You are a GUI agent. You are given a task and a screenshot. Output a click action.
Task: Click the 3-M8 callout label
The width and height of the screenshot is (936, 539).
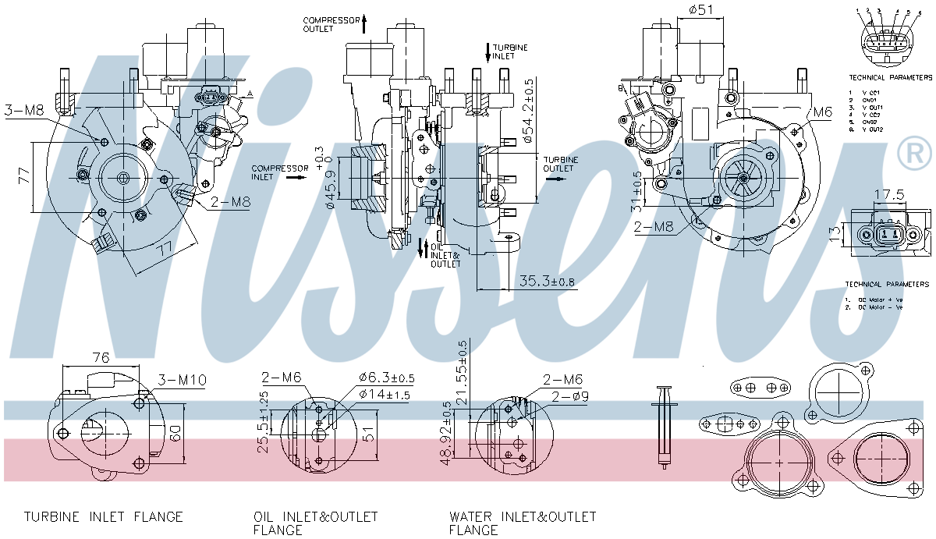[23, 110]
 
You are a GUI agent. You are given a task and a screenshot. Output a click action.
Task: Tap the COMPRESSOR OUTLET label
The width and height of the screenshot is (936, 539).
[331, 24]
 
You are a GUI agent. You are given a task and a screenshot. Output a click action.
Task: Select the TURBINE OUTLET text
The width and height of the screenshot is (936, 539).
[560, 164]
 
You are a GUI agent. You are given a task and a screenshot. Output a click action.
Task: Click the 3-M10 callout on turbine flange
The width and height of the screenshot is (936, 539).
[182, 380]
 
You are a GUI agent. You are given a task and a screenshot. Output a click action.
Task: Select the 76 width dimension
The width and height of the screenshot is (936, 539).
[100, 358]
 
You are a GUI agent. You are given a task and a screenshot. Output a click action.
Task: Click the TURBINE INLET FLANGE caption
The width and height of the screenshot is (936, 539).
[103, 516]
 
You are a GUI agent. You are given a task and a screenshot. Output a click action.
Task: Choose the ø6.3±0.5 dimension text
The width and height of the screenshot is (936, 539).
[387, 378]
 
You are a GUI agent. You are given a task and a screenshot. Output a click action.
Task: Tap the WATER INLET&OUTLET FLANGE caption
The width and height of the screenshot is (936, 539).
[522, 523]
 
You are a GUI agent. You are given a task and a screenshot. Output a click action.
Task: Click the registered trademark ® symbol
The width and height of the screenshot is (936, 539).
[914, 153]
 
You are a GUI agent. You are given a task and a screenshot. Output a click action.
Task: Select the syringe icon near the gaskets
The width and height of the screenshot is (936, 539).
[665, 425]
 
